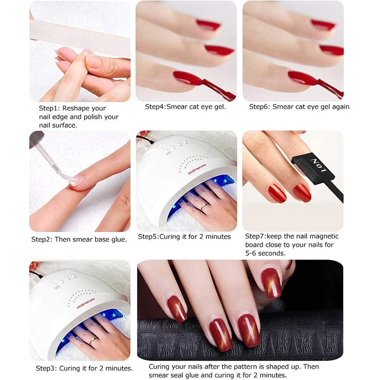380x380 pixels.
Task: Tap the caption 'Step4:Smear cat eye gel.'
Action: click(x=185, y=106)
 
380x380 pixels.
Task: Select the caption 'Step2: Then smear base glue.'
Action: click(x=79, y=239)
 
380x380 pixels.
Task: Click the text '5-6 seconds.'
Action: click(x=266, y=253)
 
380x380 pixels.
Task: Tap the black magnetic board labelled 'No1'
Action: click(x=315, y=169)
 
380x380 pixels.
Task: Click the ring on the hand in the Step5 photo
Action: click(x=204, y=206)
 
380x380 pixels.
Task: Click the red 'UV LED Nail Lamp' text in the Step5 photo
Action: click(x=197, y=169)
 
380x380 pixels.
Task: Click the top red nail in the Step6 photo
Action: click(x=323, y=25)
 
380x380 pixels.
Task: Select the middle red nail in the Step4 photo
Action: click(x=219, y=50)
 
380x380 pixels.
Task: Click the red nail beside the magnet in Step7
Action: click(x=302, y=193)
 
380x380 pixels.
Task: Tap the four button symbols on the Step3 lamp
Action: click(x=64, y=281)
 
